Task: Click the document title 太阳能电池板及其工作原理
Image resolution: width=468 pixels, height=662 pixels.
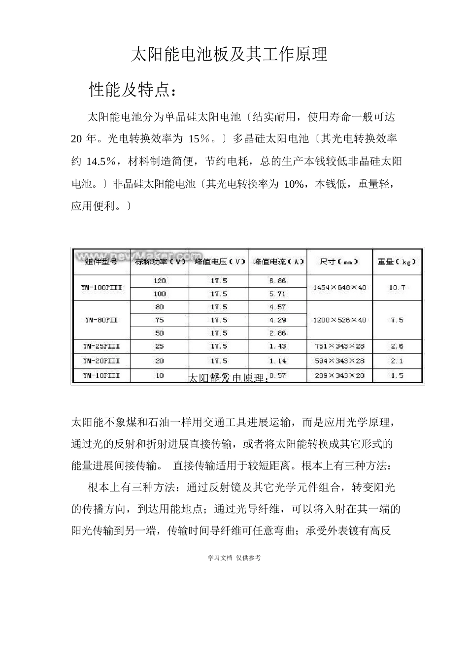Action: click(x=229, y=55)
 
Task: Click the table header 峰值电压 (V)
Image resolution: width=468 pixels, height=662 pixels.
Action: click(x=219, y=262)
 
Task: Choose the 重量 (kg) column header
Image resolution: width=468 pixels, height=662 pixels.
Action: click(x=397, y=262)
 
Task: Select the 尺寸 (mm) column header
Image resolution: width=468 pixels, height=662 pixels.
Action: click(x=339, y=262)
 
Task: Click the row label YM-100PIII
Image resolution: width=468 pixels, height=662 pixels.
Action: click(x=101, y=287)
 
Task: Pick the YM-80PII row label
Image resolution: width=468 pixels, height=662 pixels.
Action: click(x=101, y=320)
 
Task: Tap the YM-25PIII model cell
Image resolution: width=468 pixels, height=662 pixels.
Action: click(x=101, y=346)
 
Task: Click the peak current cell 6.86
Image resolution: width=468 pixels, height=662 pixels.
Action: click(x=277, y=281)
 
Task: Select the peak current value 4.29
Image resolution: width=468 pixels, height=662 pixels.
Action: click(x=277, y=320)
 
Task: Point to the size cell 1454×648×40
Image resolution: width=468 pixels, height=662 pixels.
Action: click(x=339, y=287)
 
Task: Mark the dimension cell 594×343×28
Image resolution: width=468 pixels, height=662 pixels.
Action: click(x=339, y=361)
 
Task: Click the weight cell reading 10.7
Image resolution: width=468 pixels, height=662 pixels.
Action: click(x=397, y=287)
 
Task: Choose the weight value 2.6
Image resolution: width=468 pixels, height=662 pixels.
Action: click(x=397, y=346)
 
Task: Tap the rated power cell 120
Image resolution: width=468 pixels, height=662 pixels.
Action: click(x=160, y=281)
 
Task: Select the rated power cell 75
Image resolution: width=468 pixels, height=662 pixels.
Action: click(x=160, y=320)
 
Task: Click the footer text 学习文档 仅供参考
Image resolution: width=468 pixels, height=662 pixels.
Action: click(x=234, y=558)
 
